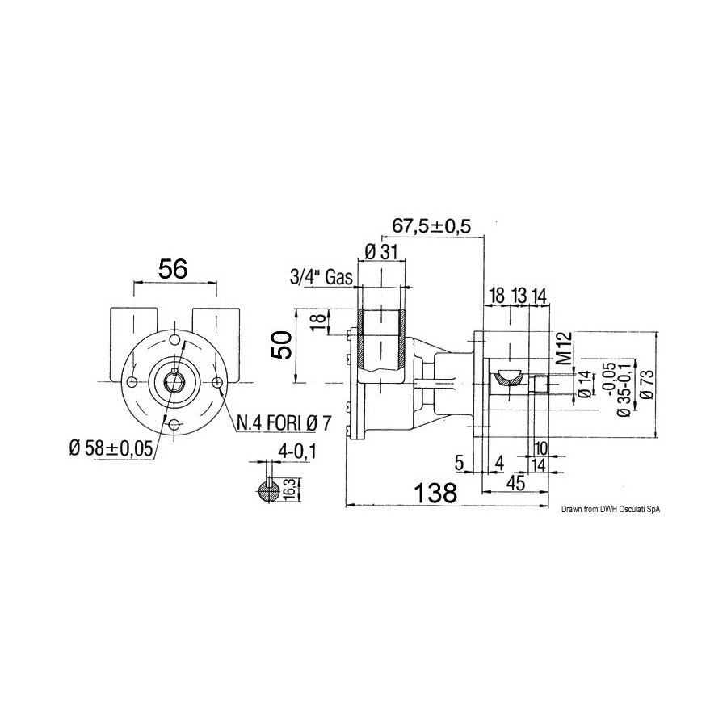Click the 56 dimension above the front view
coord(173,268)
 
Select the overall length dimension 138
coord(435,493)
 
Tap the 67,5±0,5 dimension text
coord(431,226)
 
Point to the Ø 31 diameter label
coord(381,253)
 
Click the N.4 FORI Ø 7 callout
coord(284,422)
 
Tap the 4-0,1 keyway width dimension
coord(296,452)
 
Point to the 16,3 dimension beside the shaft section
coord(292,490)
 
